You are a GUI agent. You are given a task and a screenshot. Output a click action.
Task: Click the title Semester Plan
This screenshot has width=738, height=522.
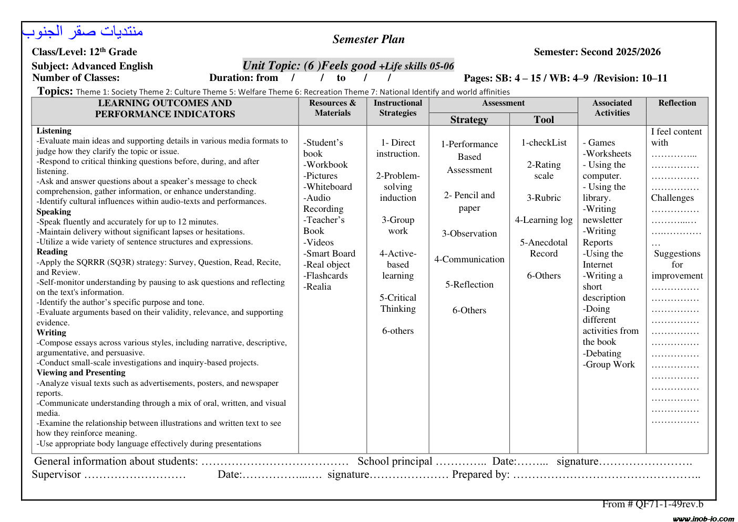368,39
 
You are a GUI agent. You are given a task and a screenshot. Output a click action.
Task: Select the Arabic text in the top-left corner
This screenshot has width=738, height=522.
83,32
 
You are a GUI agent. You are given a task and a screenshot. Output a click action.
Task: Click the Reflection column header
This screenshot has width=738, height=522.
677,103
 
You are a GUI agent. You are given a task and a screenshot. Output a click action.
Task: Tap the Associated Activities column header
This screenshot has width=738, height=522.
612,108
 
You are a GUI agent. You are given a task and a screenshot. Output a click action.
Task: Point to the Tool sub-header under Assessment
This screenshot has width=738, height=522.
544,119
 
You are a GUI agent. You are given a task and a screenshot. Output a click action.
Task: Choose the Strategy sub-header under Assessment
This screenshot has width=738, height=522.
469,119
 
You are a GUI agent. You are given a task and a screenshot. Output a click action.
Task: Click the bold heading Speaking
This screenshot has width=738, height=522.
54,212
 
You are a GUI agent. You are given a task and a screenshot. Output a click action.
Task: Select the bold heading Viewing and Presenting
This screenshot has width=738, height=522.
81,373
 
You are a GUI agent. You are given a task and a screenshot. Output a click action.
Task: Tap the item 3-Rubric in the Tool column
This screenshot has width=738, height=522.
544,198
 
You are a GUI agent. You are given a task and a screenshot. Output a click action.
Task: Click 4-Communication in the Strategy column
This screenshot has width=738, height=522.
469,259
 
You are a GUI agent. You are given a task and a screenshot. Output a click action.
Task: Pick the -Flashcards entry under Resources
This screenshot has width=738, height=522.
325,275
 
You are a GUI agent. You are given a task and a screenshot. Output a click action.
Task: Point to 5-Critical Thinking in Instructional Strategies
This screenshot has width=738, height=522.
398,303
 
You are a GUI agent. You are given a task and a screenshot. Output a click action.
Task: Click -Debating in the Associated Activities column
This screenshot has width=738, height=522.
602,353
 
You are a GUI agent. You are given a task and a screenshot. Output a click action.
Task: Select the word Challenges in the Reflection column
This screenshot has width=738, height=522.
672,198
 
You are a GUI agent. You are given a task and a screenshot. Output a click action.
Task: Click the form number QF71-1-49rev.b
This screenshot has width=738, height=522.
669,504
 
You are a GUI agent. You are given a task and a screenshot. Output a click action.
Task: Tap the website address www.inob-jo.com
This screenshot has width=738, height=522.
703,518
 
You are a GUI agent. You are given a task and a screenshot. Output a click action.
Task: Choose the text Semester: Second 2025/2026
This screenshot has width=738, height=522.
597,52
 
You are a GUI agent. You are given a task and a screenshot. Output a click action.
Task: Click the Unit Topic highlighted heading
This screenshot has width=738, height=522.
348,66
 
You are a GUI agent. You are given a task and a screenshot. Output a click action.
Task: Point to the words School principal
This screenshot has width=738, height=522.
395,462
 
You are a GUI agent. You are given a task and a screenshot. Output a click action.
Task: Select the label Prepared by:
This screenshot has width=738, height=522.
480,475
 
